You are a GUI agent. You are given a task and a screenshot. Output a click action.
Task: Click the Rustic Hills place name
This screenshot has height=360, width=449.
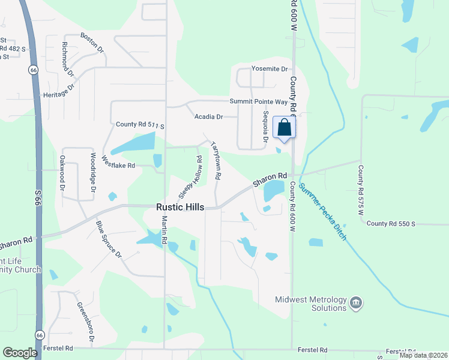click(x=180, y=207)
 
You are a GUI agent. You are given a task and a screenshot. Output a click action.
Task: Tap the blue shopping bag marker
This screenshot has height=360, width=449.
click(x=284, y=127)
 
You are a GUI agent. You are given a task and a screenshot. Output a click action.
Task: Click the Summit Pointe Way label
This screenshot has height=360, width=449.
click(x=259, y=102)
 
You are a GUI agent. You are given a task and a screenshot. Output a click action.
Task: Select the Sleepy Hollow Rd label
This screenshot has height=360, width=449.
click(x=190, y=177)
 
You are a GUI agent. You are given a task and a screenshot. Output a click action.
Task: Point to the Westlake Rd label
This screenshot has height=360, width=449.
click(x=118, y=162)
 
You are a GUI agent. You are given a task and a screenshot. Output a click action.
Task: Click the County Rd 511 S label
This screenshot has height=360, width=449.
click(x=140, y=125)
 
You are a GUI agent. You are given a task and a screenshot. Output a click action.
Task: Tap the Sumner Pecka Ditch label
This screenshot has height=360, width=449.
click(x=324, y=212)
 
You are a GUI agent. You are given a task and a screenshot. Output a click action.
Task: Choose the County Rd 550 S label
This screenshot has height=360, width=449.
click(x=391, y=224)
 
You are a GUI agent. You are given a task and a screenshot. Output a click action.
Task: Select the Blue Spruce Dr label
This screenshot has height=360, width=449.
click(x=109, y=239)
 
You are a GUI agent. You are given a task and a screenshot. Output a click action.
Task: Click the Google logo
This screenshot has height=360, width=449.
click(x=20, y=353)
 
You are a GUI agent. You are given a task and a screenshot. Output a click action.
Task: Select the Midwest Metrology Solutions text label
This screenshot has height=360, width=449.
click(x=310, y=304)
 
